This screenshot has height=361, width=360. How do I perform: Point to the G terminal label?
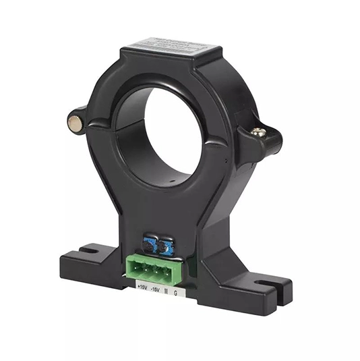pyautogui.click(x=177, y=292)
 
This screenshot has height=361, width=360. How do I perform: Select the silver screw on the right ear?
pyautogui.click(x=259, y=133)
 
